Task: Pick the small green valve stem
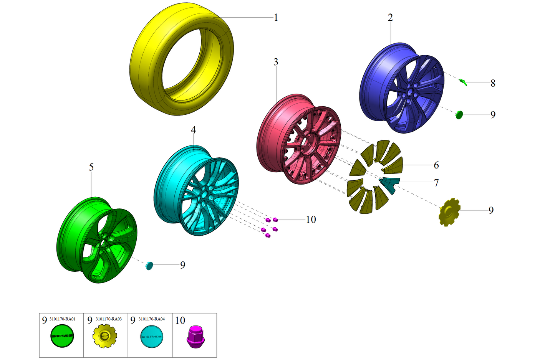(x=463, y=81)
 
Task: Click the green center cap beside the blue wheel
(x=459, y=114)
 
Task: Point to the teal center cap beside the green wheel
(x=149, y=265)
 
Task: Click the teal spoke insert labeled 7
(x=391, y=183)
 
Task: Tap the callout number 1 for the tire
(x=276, y=18)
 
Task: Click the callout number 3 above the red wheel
(x=276, y=62)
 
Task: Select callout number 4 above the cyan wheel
(x=194, y=130)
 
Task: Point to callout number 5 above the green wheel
(x=91, y=167)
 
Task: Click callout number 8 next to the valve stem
(x=493, y=83)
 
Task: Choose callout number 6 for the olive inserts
(x=436, y=165)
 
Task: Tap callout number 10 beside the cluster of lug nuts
(x=311, y=220)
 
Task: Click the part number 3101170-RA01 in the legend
(x=63, y=319)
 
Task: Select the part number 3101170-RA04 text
(x=152, y=319)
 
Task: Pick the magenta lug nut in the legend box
(x=195, y=337)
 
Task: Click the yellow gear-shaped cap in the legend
(x=104, y=337)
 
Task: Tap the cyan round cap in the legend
(x=152, y=337)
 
